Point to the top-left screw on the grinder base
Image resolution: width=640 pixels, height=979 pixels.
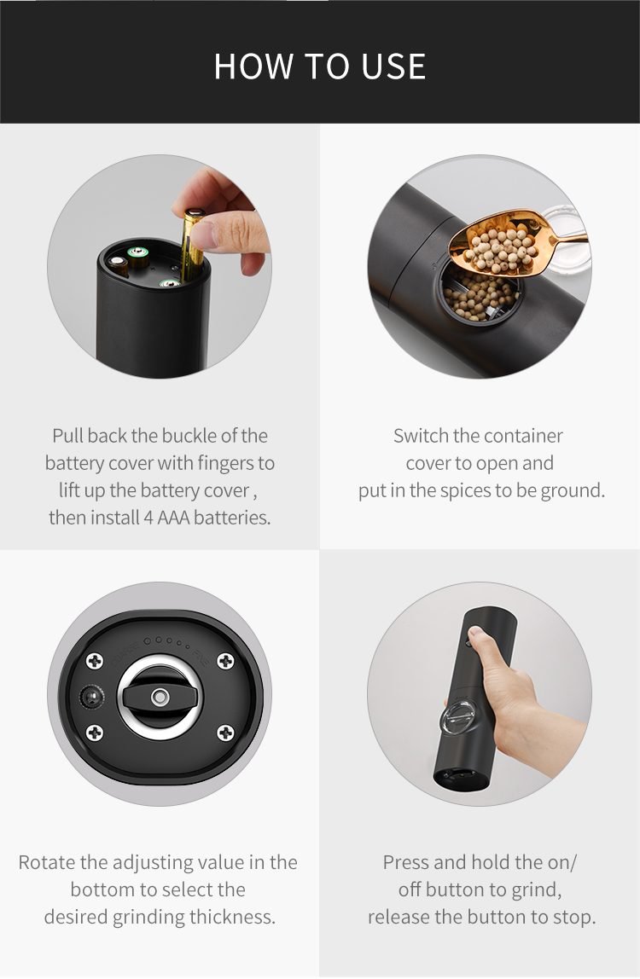pos(95,661)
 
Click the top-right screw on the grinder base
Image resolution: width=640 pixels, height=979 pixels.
pos(225,661)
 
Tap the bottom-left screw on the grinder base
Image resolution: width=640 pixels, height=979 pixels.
pos(95,733)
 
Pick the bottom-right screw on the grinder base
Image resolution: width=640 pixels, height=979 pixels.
pos(225,733)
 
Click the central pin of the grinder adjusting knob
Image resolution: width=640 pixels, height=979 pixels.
pos(160,696)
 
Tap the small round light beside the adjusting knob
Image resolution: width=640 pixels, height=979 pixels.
pos(92,697)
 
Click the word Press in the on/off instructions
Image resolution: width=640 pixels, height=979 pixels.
pos(406,862)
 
